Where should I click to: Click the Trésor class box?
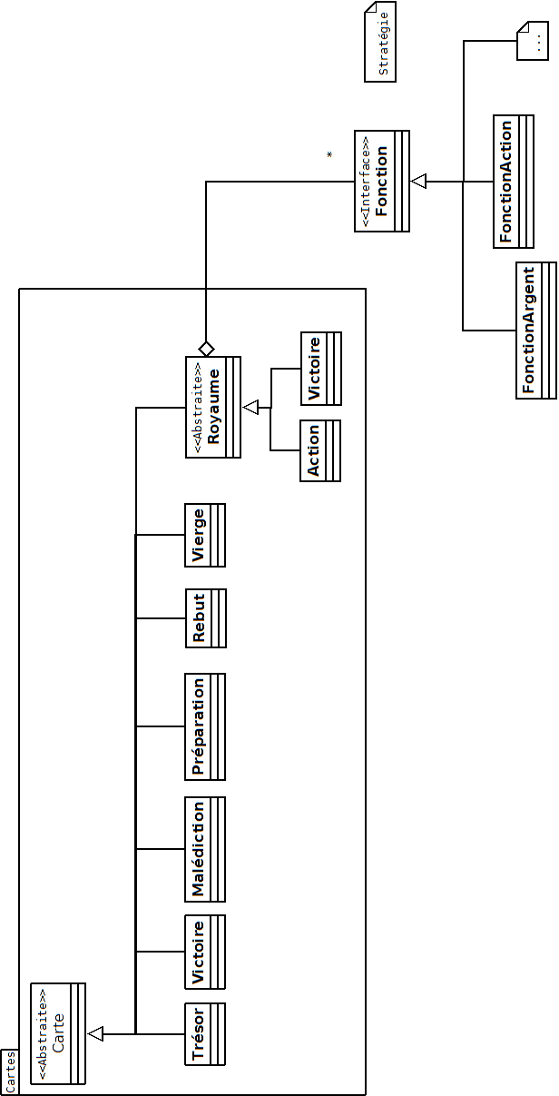(204, 1033)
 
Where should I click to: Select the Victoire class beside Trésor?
(204, 952)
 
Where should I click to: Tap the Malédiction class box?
(204, 849)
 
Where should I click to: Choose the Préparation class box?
(204, 726)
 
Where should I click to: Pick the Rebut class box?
(204, 618)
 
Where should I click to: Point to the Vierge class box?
(204, 536)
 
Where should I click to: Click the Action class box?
(320, 450)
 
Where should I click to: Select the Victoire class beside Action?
(320, 369)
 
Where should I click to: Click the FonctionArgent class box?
(535, 330)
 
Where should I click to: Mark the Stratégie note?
(380, 42)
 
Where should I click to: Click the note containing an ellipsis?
(532, 42)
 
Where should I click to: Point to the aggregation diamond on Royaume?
(206, 349)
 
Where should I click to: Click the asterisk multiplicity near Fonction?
(329, 155)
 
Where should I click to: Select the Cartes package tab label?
(9, 1072)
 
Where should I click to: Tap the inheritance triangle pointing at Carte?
(96, 1033)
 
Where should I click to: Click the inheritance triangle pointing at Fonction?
(418, 182)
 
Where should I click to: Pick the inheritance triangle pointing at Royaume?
(251, 409)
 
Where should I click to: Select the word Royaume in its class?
(214, 406)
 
